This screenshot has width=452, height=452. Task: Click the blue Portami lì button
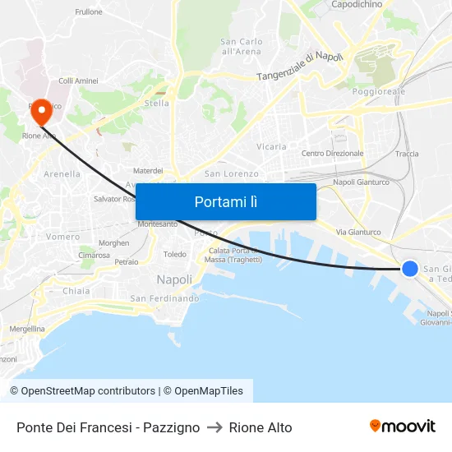coord(226,201)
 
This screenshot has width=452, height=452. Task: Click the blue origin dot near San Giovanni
coord(409,268)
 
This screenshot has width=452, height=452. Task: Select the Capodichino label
coord(357,5)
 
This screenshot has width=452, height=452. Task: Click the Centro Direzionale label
coord(332,154)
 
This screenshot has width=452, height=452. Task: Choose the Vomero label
coord(63,237)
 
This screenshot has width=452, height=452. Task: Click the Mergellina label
coord(27,329)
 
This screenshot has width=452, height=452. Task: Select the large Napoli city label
coord(174,279)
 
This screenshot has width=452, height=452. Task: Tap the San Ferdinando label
coord(164,298)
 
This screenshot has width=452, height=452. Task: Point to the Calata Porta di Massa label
coord(233,256)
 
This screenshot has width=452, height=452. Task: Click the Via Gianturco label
coord(358,233)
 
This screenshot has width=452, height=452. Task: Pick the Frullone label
coord(89,12)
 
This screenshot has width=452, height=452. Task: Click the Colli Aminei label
coord(79,81)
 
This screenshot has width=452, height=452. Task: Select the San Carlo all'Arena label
coord(242,46)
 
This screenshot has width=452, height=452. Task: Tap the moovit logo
coord(403,427)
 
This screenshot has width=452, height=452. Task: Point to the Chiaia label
coord(76,291)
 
